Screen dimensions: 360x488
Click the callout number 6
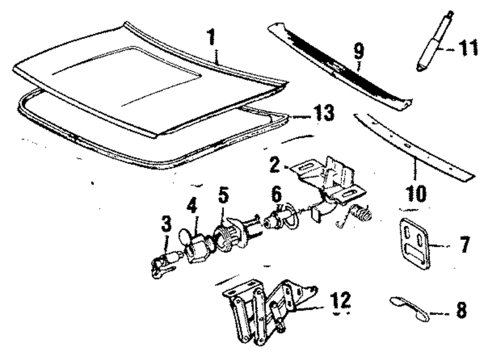coord(276,194)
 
